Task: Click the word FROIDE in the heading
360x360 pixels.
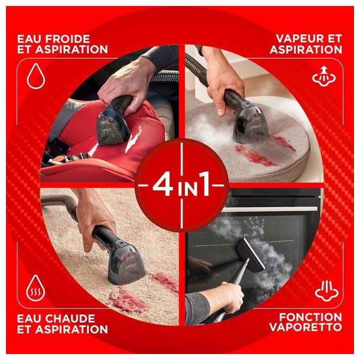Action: tap(67, 39)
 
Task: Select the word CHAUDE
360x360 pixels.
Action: tap(70, 318)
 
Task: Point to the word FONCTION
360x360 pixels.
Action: tap(310, 317)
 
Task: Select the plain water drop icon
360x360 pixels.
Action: tap(36, 76)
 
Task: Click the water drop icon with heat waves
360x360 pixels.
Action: tap(36, 288)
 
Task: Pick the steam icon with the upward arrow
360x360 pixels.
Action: tap(324, 76)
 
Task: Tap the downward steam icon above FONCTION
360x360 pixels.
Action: tap(327, 291)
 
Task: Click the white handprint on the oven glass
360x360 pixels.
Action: tap(254, 227)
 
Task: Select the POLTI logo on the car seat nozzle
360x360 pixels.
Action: tap(106, 130)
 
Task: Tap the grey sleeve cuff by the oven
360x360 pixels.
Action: tap(197, 309)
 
